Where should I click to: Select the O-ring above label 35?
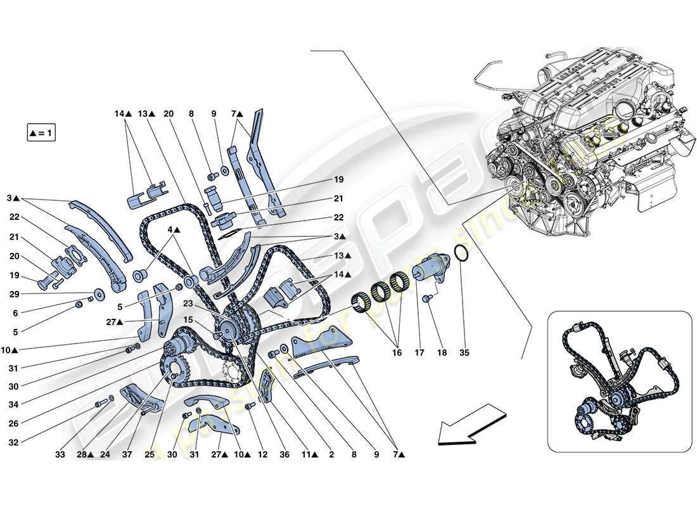tap(462, 255)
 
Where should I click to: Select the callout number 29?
tap(15, 295)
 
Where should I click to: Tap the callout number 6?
tap(15, 312)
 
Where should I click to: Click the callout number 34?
tap(15, 403)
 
